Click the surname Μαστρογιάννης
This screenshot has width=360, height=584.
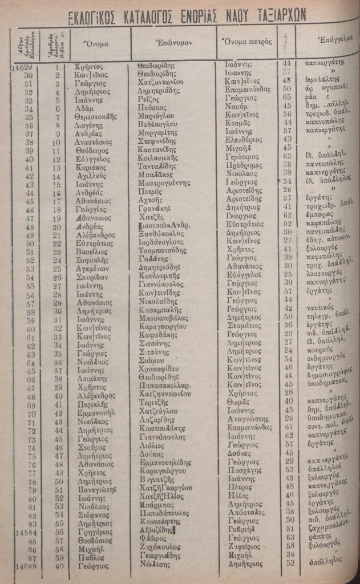(166, 185)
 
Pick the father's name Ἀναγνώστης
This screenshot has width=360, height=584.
(246, 418)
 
